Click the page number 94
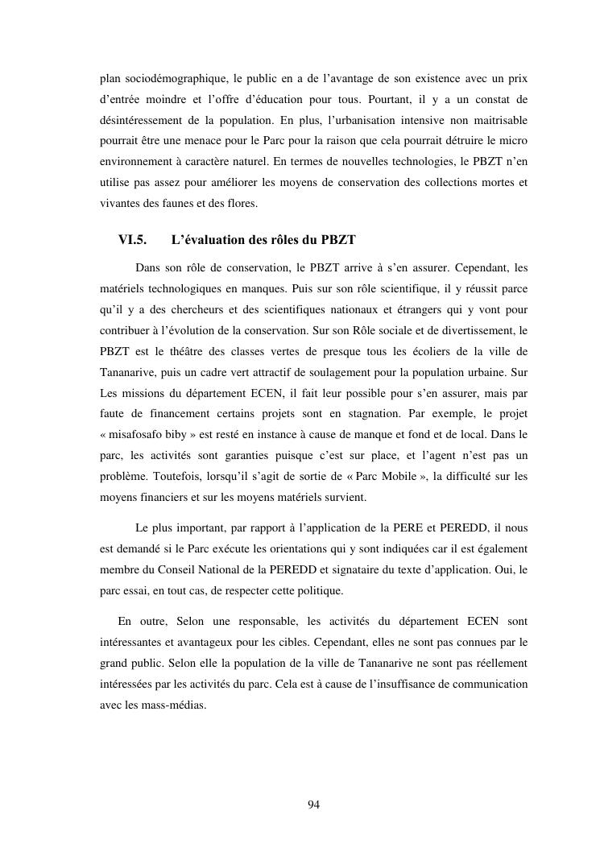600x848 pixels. tap(314, 804)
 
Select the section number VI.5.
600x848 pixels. tap(134, 240)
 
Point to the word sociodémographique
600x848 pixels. tap(169, 78)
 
